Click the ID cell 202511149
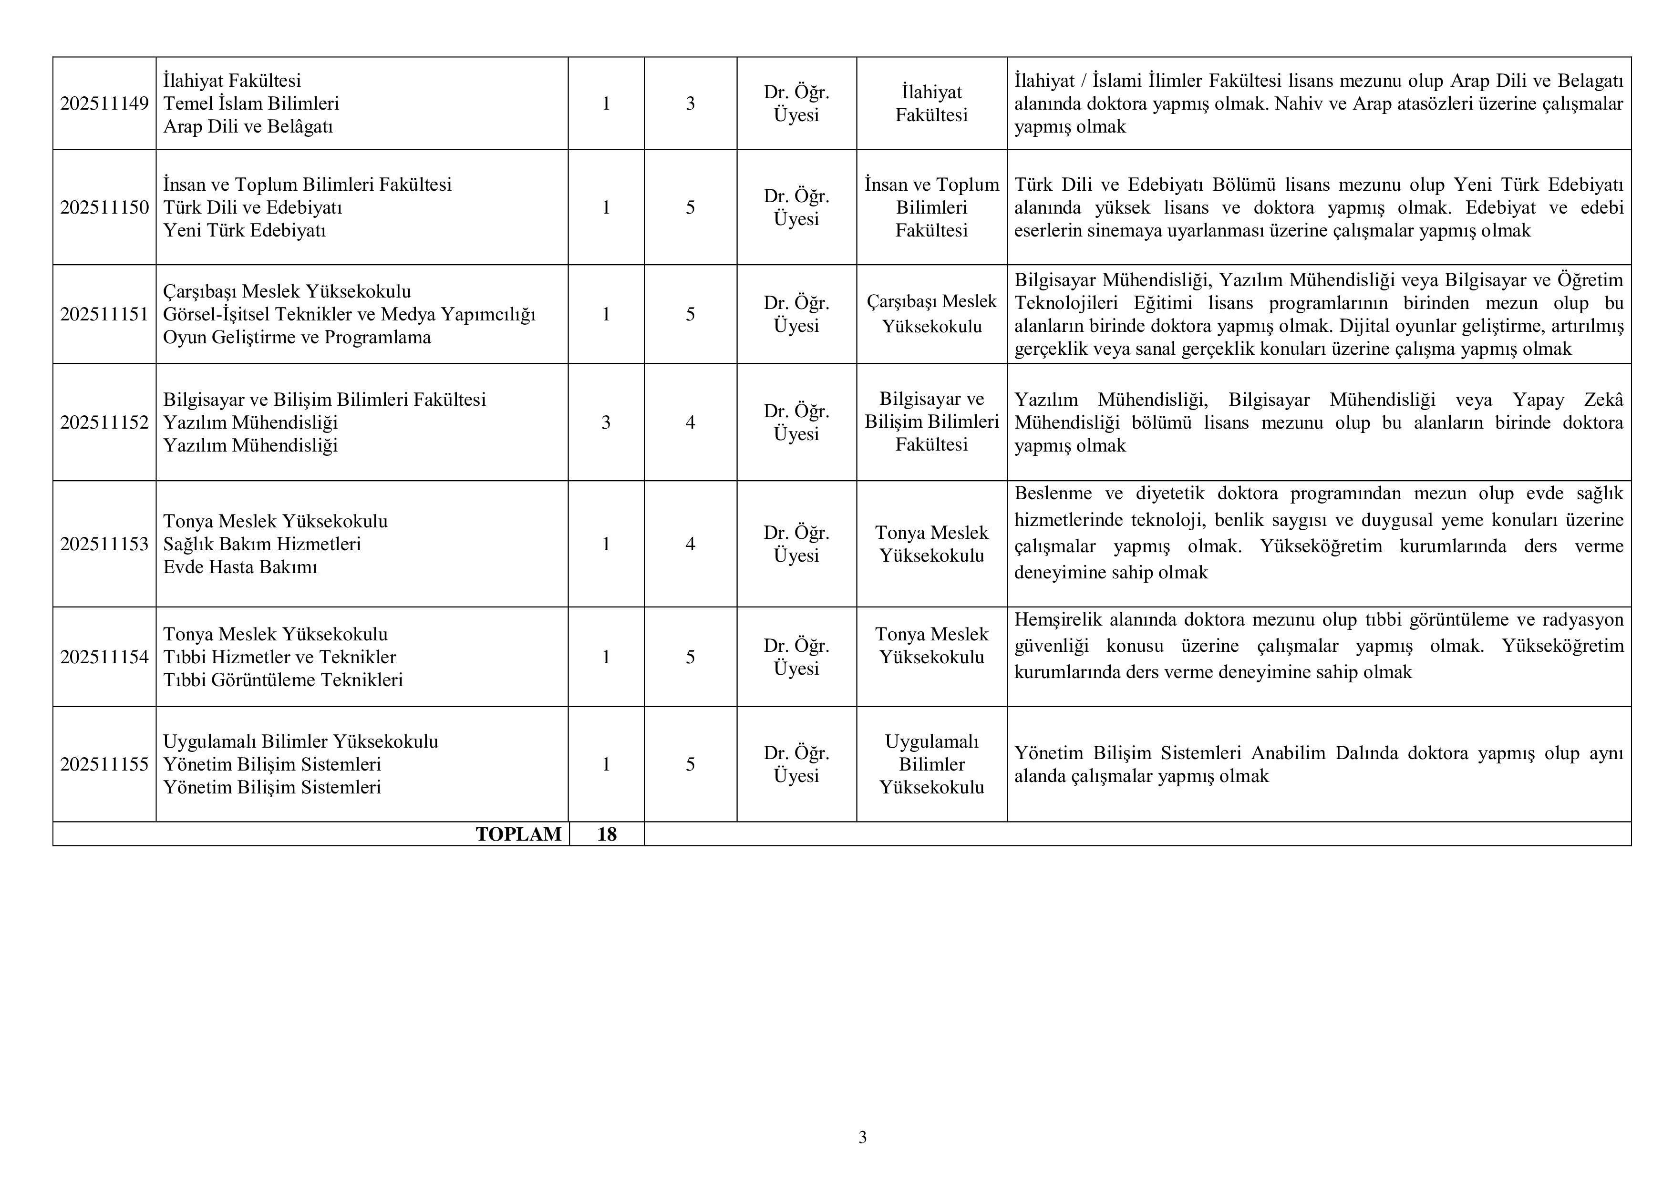[104, 103]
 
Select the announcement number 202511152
[104, 422]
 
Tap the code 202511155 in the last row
[104, 764]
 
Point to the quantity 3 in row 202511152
[606, 422]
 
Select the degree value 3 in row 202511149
[690, 103]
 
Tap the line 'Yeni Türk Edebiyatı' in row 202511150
[244, 231]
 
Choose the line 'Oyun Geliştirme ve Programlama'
[297, 337]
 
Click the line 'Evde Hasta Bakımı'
[240, 567]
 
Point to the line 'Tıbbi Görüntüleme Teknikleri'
[283, 680]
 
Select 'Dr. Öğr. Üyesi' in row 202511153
[796, 544]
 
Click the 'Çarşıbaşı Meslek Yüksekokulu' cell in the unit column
[931, 314]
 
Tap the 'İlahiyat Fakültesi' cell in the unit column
[931, 103]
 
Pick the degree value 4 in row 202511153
[690, 544]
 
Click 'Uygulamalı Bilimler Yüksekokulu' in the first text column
[300, 741]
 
